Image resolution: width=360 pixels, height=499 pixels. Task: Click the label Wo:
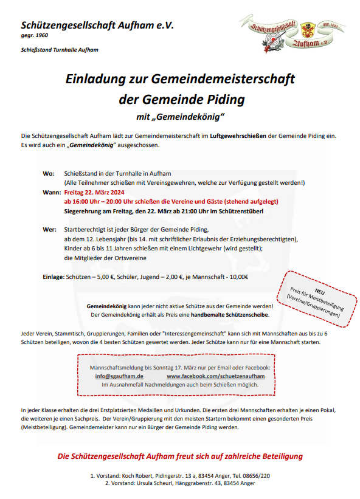tap(49, 174)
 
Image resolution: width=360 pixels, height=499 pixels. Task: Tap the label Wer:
tap(49, 230)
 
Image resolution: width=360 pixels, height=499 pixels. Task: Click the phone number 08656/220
tap(257, 475)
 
